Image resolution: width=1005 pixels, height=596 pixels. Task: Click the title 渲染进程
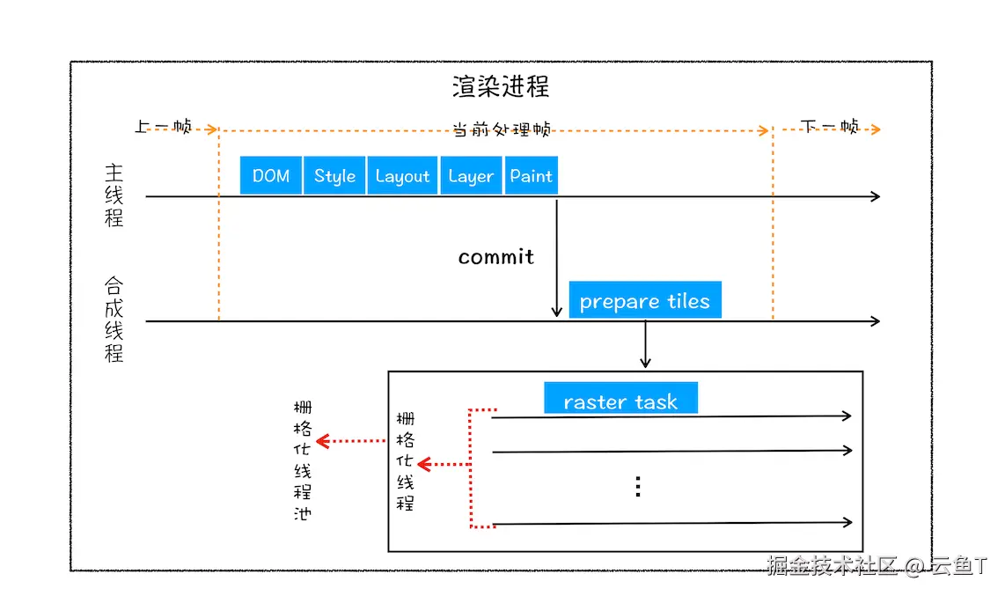tap(501, 86)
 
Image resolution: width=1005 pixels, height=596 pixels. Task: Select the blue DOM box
tap(271, 175)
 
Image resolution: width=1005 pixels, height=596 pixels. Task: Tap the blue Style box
tap(335, 175)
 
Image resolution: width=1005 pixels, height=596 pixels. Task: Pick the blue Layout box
tap(402, 175)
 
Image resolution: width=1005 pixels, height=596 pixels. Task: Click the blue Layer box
tap(471, 175)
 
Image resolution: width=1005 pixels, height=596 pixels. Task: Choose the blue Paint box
tap(532, 175)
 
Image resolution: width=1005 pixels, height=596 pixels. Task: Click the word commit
tap(496, 257)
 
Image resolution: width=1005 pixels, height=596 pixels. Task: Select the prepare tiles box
tap(645, 300)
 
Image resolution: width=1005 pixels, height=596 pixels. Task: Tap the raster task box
tap(620, 400)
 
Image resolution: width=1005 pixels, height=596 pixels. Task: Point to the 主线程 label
tap(114, 195)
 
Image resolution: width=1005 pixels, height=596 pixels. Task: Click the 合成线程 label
tap(114, 320)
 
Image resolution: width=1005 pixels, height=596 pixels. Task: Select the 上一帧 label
tap(164, 127)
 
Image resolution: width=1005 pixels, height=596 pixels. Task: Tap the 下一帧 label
tap(831, 127)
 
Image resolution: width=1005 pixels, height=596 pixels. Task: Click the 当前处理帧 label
tap(502, 129)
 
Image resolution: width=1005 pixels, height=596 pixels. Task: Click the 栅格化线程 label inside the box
tap(406, 461)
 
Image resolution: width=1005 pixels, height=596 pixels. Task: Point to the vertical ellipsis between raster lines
tap(638, 487)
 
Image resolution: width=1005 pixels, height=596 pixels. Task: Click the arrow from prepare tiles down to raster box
tap(645, 345)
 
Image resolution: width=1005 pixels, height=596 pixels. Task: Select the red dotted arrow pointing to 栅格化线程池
tap(352, 440)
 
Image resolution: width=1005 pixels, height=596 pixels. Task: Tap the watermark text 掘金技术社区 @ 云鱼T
tap(877, 565)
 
